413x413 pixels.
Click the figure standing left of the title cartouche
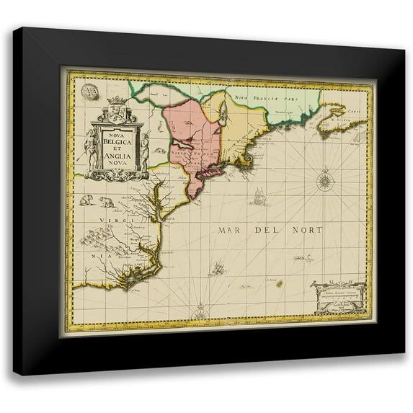[91, 148]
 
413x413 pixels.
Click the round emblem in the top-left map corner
[89, 92]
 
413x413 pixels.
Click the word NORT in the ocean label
[307, 230]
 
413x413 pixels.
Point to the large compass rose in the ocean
[325, 179]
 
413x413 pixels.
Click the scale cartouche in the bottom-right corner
[339, 296]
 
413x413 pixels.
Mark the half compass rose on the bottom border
[200, 314]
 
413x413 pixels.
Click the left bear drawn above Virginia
[86, 200]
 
